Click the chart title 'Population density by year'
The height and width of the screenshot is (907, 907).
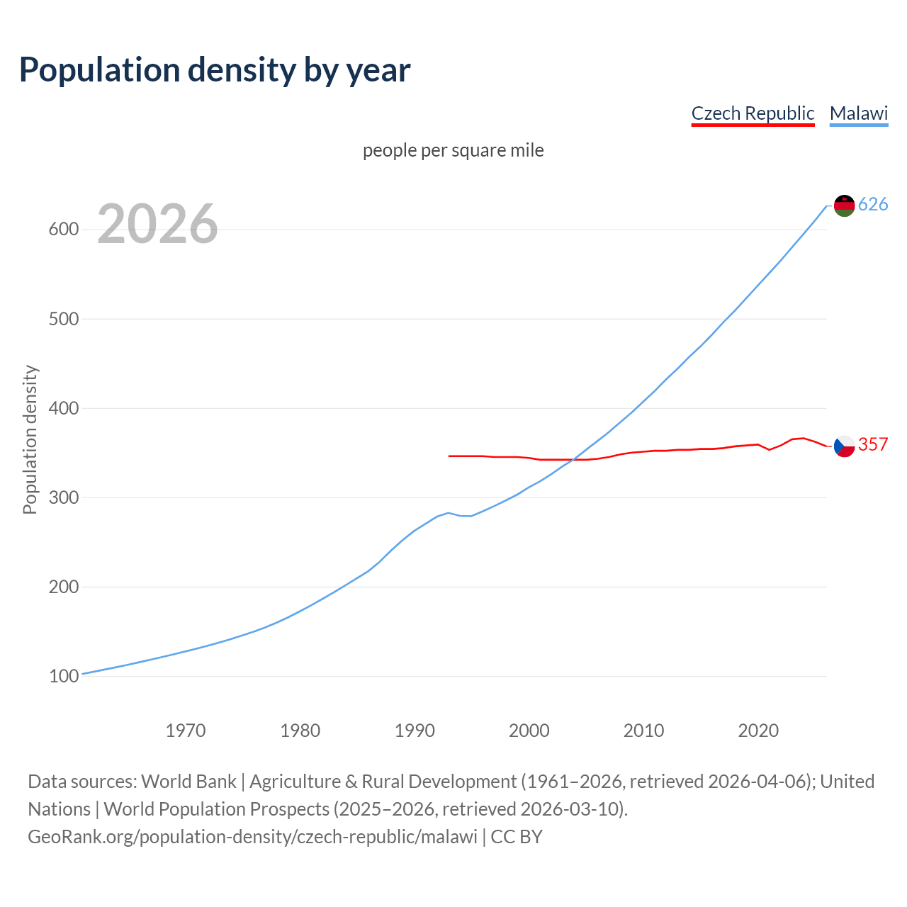(x=215, y=69)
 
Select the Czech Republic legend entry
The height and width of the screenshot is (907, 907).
(x=753, y=113)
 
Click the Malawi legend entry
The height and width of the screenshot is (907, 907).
(x=859, y=113)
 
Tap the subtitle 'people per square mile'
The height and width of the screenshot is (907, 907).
(x=453, y=150)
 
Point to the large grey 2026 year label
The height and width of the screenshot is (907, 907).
(x=157, y=224)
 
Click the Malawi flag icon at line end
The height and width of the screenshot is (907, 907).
(x=844, y=205)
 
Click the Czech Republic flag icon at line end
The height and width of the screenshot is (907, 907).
(x=844, y=446)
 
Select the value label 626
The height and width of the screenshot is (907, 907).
(x=873, y=205)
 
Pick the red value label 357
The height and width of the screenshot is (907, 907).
(x=873, y=444)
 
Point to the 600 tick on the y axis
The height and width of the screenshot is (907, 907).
(x=63, y=230)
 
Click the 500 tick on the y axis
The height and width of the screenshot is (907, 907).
(x=63, y=319)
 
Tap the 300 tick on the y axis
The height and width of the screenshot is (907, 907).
(x=63, y=497)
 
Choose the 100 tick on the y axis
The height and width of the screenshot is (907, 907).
(x=63, y=676)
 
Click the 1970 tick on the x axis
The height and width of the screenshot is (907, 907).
(x=186, y=730)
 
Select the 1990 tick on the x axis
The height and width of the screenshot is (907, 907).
(x=415, y=730)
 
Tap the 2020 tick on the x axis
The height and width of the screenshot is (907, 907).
(x=758, y=730)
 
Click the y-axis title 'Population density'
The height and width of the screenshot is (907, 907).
(x=30, y=439)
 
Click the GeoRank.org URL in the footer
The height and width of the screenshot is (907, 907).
(x=252, y=837)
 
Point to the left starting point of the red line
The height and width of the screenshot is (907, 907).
(x=449, y=456)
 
